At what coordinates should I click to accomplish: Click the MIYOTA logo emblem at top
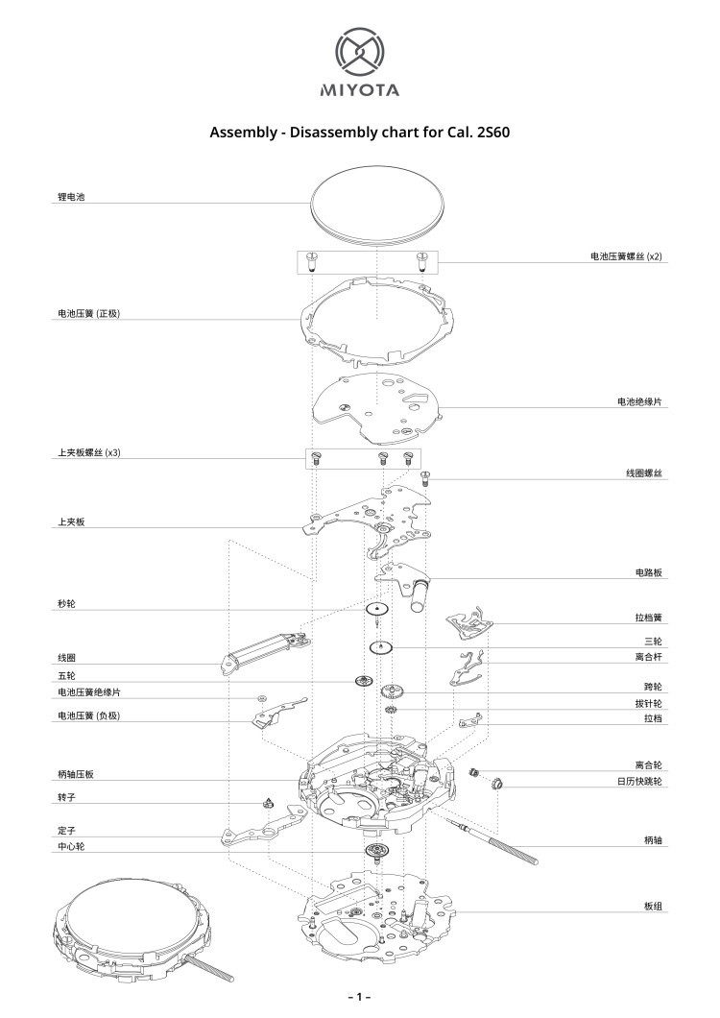point(359,51)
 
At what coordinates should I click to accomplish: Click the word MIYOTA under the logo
point(359,92)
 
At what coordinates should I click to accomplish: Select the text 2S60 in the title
point(490,133)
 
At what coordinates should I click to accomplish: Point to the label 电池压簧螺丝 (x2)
point(626,256)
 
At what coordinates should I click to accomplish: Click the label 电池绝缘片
point(640,401)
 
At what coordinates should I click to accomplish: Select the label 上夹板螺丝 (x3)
point(88,452)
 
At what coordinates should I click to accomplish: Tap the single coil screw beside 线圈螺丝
point(426,475)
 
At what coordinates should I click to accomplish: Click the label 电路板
point(649,572)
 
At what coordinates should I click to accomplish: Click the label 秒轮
point(66,605)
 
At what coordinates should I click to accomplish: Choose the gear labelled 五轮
point(363,681)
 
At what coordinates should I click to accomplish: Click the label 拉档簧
point(649,618)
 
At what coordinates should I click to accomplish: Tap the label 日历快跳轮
point(639,782)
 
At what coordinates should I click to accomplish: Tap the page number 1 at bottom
point(359,997)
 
